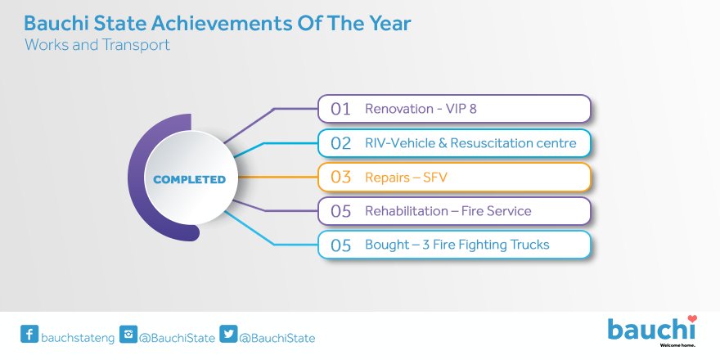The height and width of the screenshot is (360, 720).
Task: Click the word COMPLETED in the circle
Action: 190,179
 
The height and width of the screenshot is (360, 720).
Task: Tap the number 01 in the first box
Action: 340,110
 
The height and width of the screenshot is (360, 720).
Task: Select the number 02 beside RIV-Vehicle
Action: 340,143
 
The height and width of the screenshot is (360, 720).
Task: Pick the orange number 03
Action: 340,178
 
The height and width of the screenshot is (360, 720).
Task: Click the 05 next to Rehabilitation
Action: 340,211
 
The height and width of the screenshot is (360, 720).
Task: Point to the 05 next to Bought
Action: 340,245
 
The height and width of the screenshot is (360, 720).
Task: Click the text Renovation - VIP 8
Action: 421,109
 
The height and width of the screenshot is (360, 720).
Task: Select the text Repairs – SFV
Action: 406,178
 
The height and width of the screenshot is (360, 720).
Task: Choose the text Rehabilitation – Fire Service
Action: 448,211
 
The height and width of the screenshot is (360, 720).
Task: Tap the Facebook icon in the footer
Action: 29,334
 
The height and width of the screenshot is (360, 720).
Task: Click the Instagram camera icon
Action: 128,334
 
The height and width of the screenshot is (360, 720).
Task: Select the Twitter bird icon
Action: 228,334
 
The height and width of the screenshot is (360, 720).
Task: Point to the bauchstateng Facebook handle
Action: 78,339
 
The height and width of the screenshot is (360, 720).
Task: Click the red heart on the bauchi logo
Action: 692,318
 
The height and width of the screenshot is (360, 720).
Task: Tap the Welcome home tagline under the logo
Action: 677,344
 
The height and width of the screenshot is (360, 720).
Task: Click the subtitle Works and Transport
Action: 97,45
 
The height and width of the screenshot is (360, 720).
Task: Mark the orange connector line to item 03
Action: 278,177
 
